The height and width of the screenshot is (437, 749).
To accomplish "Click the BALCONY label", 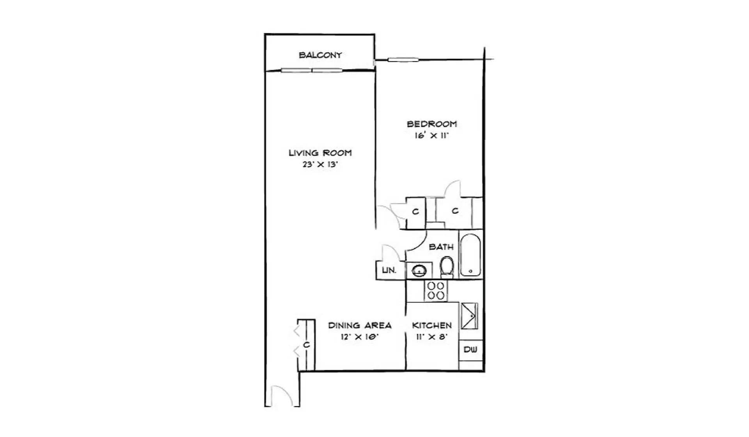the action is point(320,55).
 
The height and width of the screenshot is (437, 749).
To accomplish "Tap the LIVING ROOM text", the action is point(320,153).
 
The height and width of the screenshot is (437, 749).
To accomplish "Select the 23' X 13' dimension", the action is point(320,165).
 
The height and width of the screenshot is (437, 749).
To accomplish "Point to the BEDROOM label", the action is point(432,124).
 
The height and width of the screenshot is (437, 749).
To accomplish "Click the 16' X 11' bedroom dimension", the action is point(432,136).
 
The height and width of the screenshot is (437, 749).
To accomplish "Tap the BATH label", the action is point(441,247).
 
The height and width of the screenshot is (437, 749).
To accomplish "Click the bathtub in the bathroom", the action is point(470,255).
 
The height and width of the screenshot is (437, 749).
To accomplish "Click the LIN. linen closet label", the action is point(389,270).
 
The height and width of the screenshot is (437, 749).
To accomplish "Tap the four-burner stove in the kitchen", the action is point(436,291).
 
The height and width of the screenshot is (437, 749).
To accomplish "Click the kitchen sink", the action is point(469,316).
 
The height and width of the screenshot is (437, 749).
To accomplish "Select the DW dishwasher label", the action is point(470,350).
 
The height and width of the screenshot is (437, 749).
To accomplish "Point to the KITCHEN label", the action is point(432,326).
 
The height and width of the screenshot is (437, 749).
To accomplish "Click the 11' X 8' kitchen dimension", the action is point(432,337).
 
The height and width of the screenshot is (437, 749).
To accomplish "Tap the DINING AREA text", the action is point(360,326).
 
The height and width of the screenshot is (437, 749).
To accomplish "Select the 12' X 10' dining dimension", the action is point(360,337).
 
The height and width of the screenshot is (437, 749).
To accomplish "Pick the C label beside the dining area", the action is point(307,345).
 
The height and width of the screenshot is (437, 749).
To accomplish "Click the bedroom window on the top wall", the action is point(403,60).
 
